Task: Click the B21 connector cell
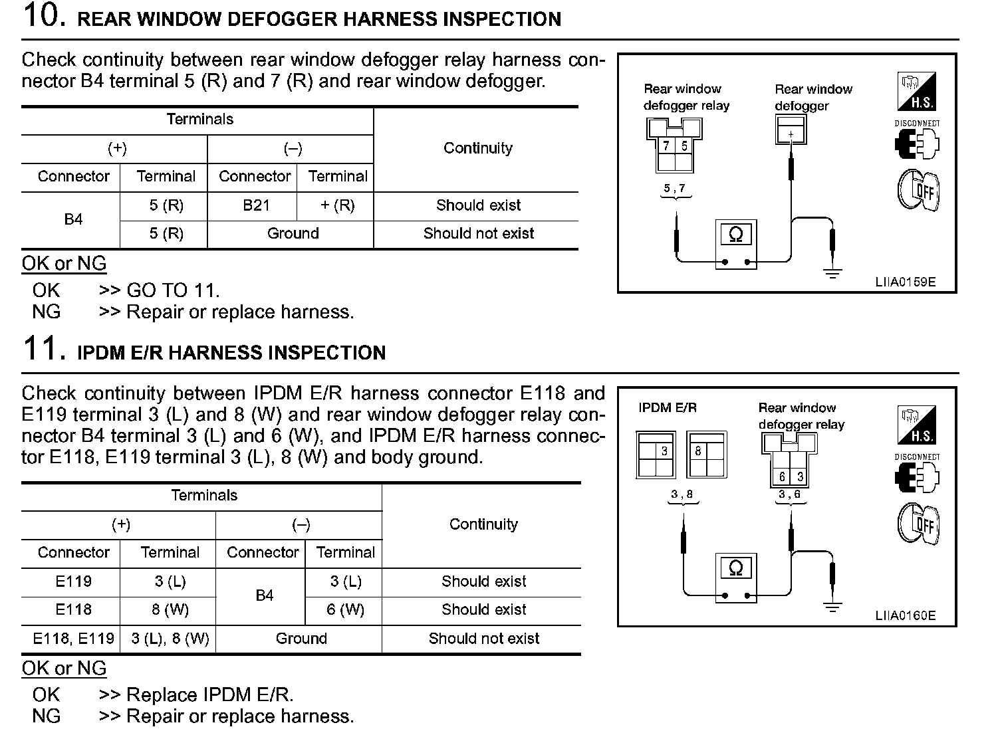256,205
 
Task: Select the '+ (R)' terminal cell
338,205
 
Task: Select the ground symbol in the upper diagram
832,271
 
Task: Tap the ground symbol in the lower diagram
832,605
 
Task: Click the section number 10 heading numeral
44,16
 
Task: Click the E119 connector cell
73,581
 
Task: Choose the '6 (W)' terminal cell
345,609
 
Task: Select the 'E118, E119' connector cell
73,639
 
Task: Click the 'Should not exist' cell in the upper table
478,233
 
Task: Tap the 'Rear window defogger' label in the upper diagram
813,97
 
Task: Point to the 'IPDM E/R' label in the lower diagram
668,408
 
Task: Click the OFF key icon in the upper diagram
918,190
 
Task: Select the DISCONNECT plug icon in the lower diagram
918,476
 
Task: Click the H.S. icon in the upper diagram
917,92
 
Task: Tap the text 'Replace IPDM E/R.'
209,694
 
